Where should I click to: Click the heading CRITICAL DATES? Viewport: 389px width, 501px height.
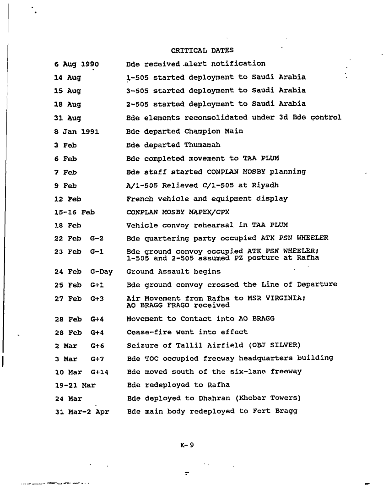202,50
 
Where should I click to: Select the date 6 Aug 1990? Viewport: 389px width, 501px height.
76,64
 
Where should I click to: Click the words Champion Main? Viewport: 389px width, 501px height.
214,131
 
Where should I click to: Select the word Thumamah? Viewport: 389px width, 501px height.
202,145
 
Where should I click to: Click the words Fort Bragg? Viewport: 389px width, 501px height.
272,411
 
